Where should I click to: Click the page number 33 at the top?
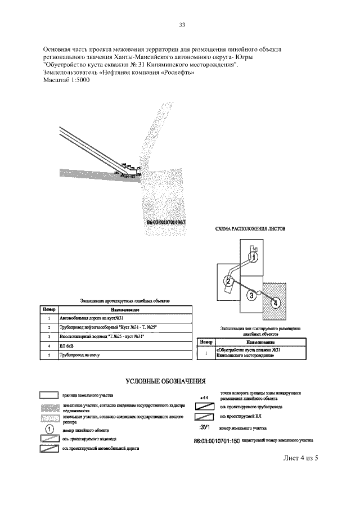pos(182,25)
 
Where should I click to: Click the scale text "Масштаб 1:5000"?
pos(66,80)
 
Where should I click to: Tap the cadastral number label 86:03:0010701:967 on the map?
pos(166,222)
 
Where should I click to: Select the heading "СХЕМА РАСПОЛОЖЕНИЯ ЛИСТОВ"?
pos(251,229)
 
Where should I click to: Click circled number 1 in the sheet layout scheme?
pos(255,256)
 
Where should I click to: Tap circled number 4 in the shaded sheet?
pos(275,303)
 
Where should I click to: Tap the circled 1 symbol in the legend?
pos(49,427)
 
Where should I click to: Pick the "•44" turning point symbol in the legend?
pos(204,398)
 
